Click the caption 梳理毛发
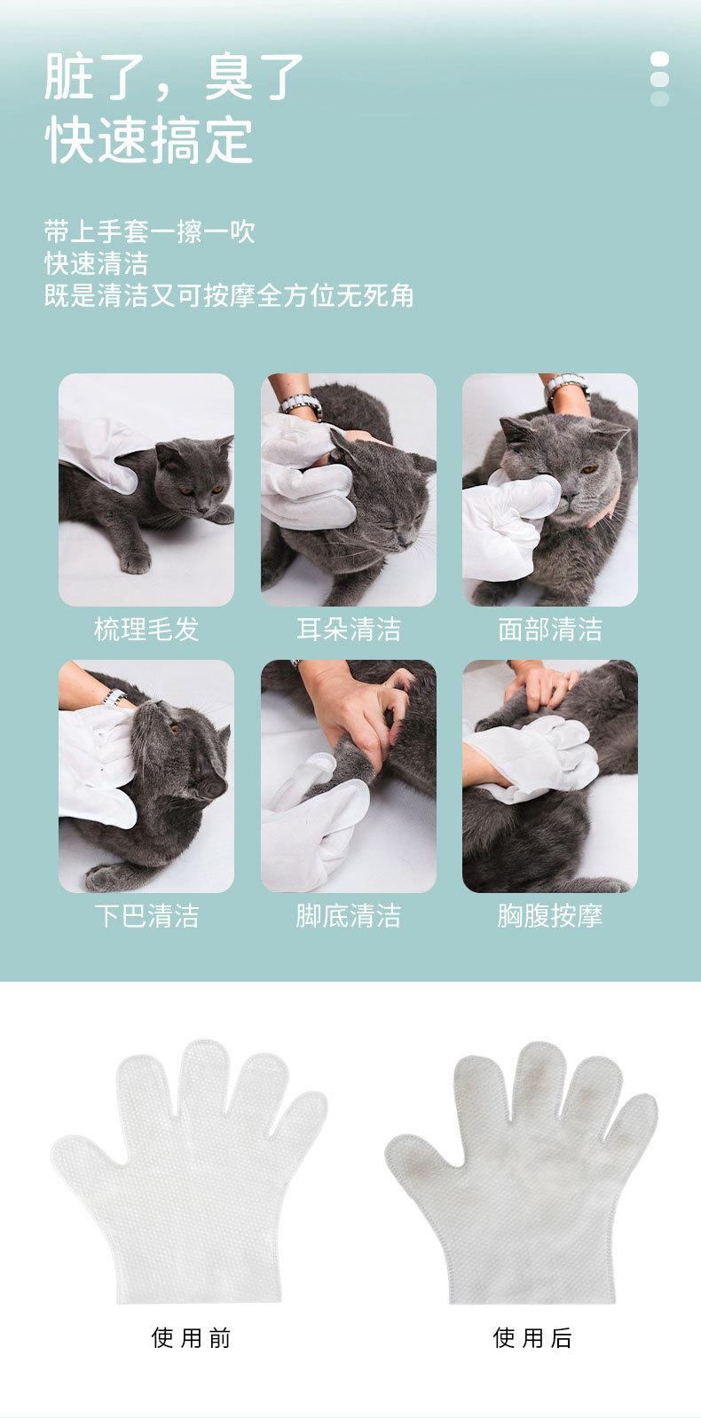[146, 630]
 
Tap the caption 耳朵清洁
[349, 630]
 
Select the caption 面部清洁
[549, 630]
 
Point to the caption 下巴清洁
[146, 916]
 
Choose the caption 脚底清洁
[349, 916]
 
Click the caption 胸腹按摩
[549, 916]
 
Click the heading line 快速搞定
[149, 140]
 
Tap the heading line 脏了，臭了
[174, 76]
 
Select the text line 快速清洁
[96, 263]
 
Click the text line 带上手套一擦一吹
[149, 231]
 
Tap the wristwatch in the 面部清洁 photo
[566, 385]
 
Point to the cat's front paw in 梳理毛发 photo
[135, 560]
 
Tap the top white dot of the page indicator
[660, 59]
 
